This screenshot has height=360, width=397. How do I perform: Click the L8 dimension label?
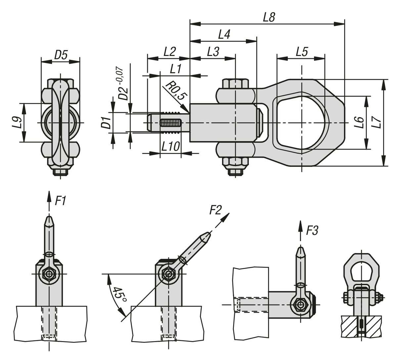269,18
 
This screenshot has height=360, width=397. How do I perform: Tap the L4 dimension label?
224,35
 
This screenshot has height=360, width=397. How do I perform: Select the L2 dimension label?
170,52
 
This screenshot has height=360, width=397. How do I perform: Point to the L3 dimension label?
213,52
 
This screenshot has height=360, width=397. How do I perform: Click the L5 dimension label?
302,52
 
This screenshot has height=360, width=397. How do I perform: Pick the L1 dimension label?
176,69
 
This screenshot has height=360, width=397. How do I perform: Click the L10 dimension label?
170,146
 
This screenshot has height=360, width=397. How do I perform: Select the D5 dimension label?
61,55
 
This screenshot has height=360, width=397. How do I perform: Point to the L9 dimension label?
19,123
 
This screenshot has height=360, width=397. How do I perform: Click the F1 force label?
60,201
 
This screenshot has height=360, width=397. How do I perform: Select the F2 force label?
215,210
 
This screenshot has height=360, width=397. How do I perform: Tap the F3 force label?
312,231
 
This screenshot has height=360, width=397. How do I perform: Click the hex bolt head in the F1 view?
49,274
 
